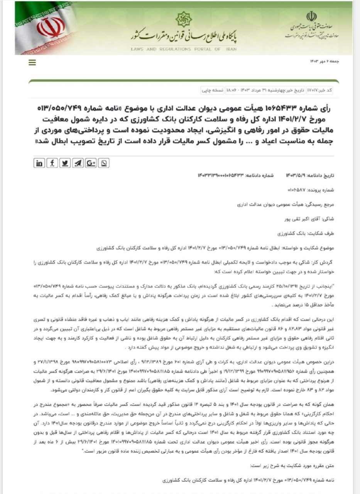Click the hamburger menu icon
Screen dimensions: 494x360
[32, 62]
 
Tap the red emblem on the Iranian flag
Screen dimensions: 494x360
[51, 28]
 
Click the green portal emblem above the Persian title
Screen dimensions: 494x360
[183, 19]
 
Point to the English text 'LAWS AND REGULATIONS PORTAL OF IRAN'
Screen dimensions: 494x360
[183, 49]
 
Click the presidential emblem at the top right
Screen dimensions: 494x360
[311, 16]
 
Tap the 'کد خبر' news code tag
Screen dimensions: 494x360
[327, 90]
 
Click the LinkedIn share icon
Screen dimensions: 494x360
[39, 163]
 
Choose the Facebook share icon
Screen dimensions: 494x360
[52, 163]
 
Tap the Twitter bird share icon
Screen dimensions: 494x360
[65, 163]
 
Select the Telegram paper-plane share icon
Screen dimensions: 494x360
[78, 163]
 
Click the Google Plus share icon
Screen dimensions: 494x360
[91, 163]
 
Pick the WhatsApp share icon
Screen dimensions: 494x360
[104, 163]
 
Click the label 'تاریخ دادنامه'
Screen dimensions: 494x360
[321, 175]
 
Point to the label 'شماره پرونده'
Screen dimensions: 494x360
[322, 190]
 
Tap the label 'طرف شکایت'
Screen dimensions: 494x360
[323, 233]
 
